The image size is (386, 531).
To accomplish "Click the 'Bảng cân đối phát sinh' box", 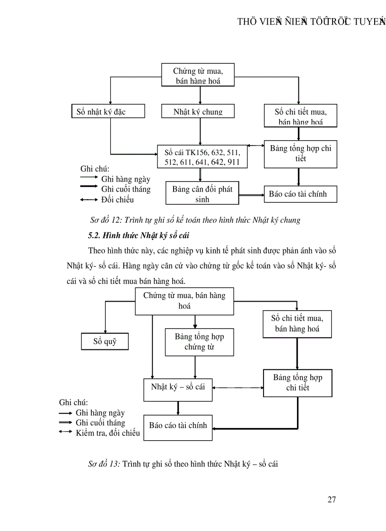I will [202, 194].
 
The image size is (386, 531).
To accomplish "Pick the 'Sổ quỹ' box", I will [105, 341].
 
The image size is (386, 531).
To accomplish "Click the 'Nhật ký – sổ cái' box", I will [178, 387].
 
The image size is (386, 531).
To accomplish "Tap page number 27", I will [332, 499].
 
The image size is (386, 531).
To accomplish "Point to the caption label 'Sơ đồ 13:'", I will [104, 464].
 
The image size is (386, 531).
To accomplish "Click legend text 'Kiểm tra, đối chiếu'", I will [108, 433].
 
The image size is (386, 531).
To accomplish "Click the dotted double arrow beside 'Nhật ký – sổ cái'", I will [237, 388].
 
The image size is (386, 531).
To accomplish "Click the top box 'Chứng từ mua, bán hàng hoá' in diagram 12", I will [198, 76].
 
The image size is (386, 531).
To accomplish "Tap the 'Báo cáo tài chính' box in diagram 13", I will [178, 426].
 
